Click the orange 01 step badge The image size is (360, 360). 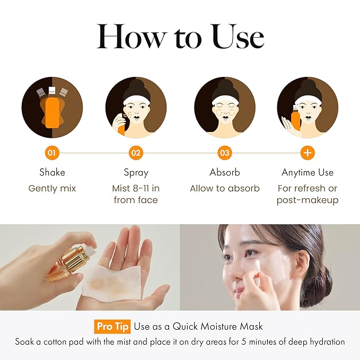[x=51, y=153]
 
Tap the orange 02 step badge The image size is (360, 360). [x=136, y=153]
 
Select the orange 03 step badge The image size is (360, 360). [x=225, y=153]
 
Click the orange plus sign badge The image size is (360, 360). [x=308, y=153]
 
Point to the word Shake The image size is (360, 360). [x=52, y=172]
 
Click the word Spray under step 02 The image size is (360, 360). [x=136, y=172]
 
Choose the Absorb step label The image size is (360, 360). [x=225, y=172]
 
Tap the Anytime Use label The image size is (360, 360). [x=308, y=172]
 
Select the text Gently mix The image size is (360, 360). [x=52, y=188]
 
